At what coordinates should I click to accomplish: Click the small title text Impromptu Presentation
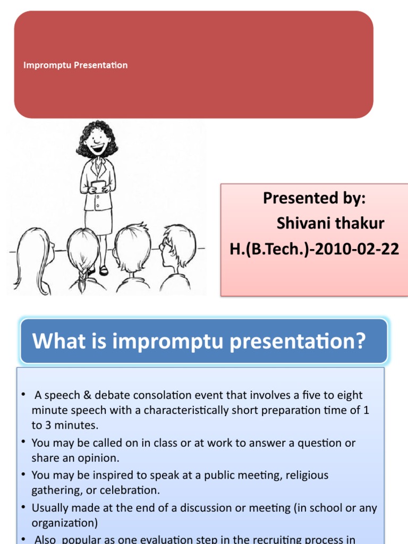[75, 65]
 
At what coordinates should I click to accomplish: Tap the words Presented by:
[314, 198]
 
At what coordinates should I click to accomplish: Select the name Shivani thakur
[330, 223]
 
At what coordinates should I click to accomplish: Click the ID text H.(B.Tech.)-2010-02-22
[314, 249]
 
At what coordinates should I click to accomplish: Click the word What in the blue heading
[54, 341]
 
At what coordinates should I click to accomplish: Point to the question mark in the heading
[361, 341]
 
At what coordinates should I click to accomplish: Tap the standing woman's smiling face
[97, 141]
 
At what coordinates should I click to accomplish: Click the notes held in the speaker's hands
[97, 185]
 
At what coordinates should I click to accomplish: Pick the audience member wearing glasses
[175, 250]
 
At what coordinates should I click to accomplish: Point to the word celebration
[131, 490]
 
